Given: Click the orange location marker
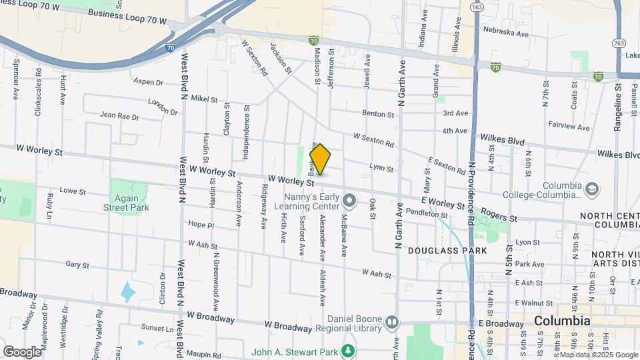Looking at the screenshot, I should coord(320,159).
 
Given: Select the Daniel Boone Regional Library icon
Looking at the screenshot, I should coord(391,323).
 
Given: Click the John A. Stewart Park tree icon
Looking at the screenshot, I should coord(347,351).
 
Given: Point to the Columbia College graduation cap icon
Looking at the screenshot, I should coord(591,190).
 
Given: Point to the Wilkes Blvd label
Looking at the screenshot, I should coord(499,141).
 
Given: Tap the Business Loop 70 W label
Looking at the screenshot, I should coord(127,13).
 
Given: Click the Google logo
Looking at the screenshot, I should coord(22,351).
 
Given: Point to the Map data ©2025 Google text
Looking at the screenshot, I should coord(599,355).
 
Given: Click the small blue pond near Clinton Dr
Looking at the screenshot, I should coord(127,291).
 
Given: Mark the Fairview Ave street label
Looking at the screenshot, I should coord(569,127).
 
